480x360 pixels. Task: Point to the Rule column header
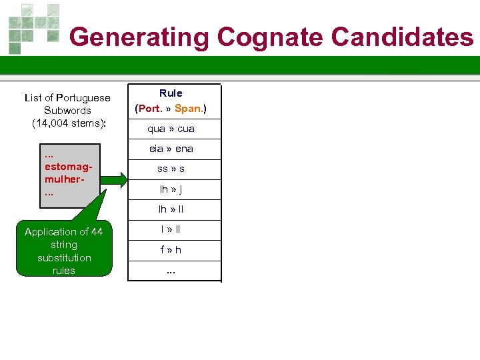(171, 93)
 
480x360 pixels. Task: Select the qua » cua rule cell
(171, 129)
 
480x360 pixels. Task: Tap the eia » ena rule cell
(171, 149)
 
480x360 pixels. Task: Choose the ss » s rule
(171, 169)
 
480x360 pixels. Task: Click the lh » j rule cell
(171, 189)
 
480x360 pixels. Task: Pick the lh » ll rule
(171, 209)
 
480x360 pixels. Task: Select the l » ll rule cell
(171, 229)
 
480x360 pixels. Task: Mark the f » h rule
(171, 250)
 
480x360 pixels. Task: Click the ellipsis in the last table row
(171, 270)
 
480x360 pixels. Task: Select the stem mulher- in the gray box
(64, 180)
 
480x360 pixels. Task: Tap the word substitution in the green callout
(64, 258)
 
